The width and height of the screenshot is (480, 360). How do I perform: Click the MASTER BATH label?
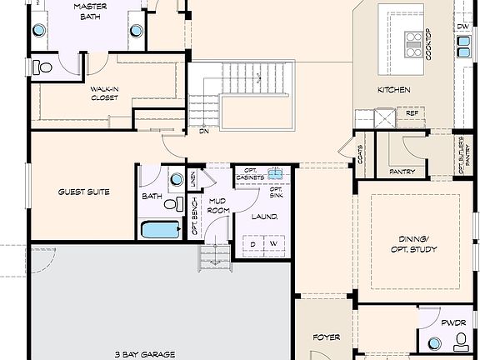click(89, 12)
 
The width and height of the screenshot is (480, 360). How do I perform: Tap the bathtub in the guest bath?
click(161, 229)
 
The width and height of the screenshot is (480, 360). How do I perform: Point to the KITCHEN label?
click(393, 90)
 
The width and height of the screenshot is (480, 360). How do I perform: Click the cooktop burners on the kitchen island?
click(413, 43)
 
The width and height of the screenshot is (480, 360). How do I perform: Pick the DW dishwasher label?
click(462, 27)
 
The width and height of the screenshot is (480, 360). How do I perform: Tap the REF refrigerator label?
click(412, 113)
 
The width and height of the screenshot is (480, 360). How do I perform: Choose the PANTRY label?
click(402, 172)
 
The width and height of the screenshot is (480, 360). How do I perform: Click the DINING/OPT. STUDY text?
click(413, 244)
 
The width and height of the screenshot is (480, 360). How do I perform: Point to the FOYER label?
click(327, 337)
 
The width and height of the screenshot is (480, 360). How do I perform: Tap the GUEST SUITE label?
click(83, 192)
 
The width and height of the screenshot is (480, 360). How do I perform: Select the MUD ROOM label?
click(218, 206)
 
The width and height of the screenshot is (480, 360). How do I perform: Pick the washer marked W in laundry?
click(272, 244)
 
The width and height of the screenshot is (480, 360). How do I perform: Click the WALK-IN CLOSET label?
click(104, 92)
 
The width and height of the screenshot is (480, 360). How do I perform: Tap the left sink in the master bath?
click(38, 31)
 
